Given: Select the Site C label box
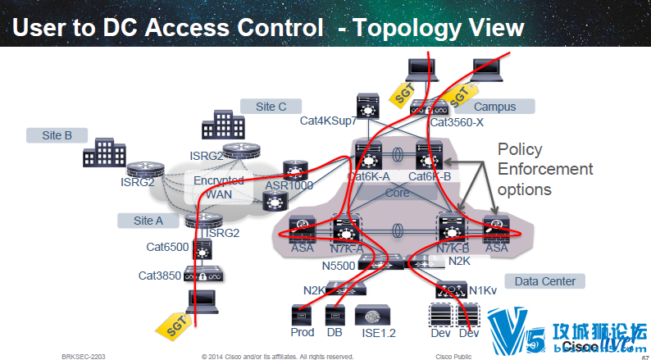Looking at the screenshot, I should pyautogui.click(x=271, y=106).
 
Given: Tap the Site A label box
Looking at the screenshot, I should pyautogui.click(x=148, y=220).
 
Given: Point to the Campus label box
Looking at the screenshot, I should pyautogui.click(x=494, y=106).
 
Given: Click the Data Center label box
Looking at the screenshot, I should pyautogui.click(x=544, y=281).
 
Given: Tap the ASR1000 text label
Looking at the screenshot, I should pyautogui.click(x=288, y=185).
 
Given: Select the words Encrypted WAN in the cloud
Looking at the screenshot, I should pyautogui.click(x=219, y=187).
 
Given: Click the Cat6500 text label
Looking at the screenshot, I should pyautogui.click(x=166, y=246).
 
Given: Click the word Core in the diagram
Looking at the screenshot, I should pyautogui.click(x=397, y=193).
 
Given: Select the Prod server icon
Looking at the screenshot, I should pyautogui.click(x=302, y=315).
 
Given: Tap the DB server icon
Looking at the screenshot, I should pyautogui.click(x=334, y=315).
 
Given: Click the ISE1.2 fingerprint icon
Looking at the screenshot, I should pyautogui.click(x=368, y=315).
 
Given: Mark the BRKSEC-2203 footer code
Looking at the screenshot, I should pyautogui.click(x=83, y=357).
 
